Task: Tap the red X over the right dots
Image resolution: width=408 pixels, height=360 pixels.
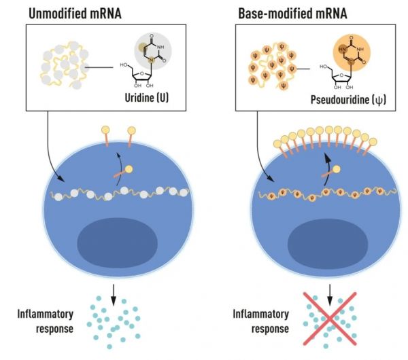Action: [330, 315]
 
